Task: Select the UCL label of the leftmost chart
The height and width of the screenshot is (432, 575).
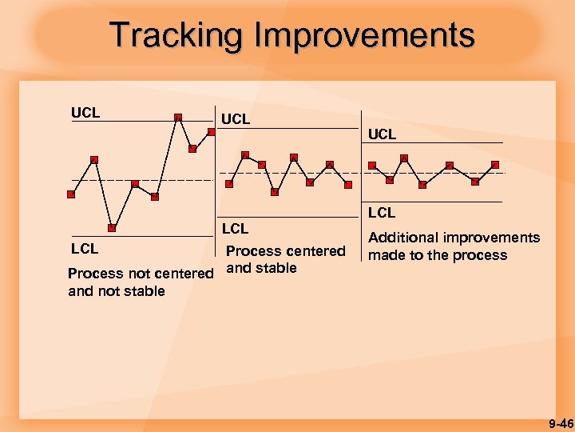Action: click(85, 113)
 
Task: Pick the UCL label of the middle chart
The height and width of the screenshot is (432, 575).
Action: click(235, 119)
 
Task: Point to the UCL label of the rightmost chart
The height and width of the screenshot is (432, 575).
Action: click(383, 134)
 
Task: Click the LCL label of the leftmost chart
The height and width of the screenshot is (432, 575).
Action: click(85, 249)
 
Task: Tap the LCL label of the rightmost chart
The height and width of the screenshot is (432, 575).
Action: click(382, 213)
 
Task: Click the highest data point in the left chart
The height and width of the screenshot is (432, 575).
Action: click(178, 118)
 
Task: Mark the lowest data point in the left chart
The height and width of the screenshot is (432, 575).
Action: click(113, 228)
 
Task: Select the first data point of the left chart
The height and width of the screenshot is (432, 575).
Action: click(71, 194)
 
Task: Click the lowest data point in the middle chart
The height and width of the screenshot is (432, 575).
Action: click(275, 191)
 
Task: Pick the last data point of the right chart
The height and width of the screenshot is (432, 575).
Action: click(495, 165)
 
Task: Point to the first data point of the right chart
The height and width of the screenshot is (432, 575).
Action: click(372, 166)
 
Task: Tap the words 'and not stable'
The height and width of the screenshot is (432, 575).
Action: click(117, 291)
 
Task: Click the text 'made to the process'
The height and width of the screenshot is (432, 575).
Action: click(437, 255)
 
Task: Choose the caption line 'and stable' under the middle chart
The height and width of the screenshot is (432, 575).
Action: click(262, 268)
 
